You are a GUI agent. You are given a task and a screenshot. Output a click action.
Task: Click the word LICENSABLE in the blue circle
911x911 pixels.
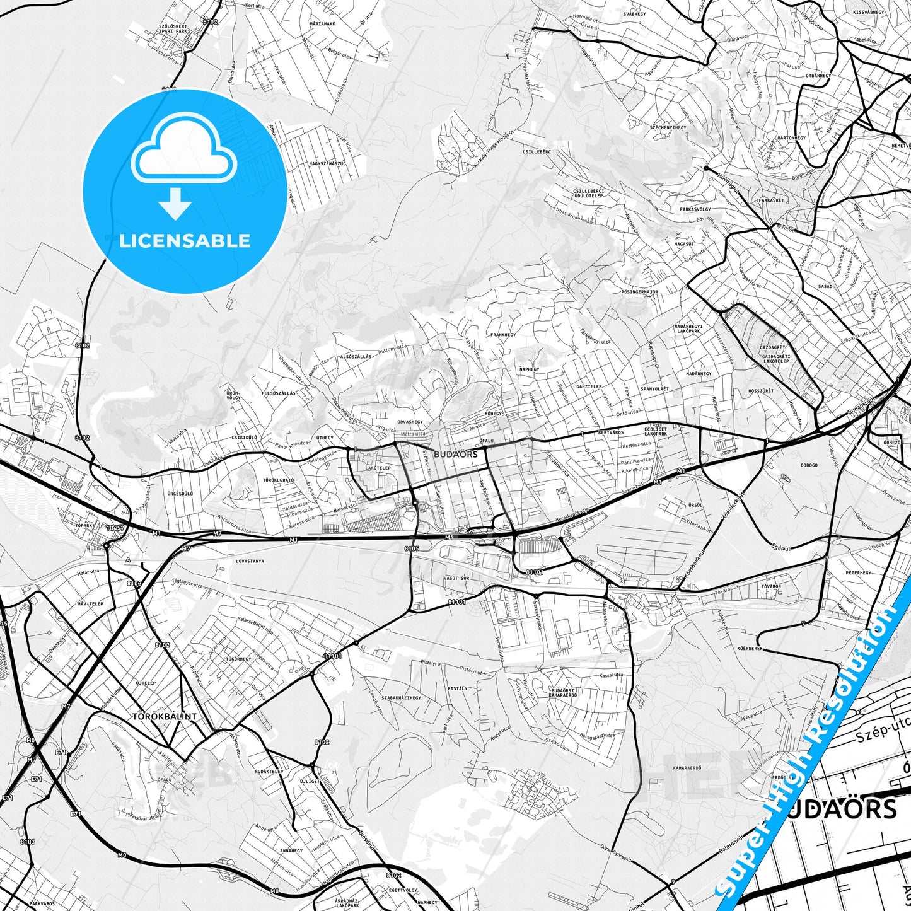click(185, 240)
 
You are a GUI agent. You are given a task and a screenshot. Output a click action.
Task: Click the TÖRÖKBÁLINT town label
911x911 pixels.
click(164, 717)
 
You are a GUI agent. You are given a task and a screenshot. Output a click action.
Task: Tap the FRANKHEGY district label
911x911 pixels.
click(503, 335)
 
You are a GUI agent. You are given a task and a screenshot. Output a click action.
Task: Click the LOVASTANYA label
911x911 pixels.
click(250, 560)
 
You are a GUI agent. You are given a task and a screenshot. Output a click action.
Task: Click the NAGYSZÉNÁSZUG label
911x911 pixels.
click(327, 164)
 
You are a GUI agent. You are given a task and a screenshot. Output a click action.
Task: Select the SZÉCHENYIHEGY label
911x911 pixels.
click(668, 127)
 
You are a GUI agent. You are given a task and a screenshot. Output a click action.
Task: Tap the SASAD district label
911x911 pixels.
click(825, 286)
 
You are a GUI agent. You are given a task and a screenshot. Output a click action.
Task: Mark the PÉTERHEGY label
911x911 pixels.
click(857, 573)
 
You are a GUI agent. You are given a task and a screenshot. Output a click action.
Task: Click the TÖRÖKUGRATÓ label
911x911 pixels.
click(278, 480)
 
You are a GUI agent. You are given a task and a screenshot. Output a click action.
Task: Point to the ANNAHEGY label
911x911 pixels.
click(291, 850)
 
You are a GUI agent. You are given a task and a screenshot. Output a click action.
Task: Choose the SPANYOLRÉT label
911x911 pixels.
click(654, 389)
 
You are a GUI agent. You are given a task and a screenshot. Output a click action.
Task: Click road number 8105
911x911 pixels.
click(411, 549)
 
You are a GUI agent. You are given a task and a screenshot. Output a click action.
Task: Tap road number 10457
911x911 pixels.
click(115, 528)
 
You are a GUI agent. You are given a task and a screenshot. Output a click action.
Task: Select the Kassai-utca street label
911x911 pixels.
click(612, 675)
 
